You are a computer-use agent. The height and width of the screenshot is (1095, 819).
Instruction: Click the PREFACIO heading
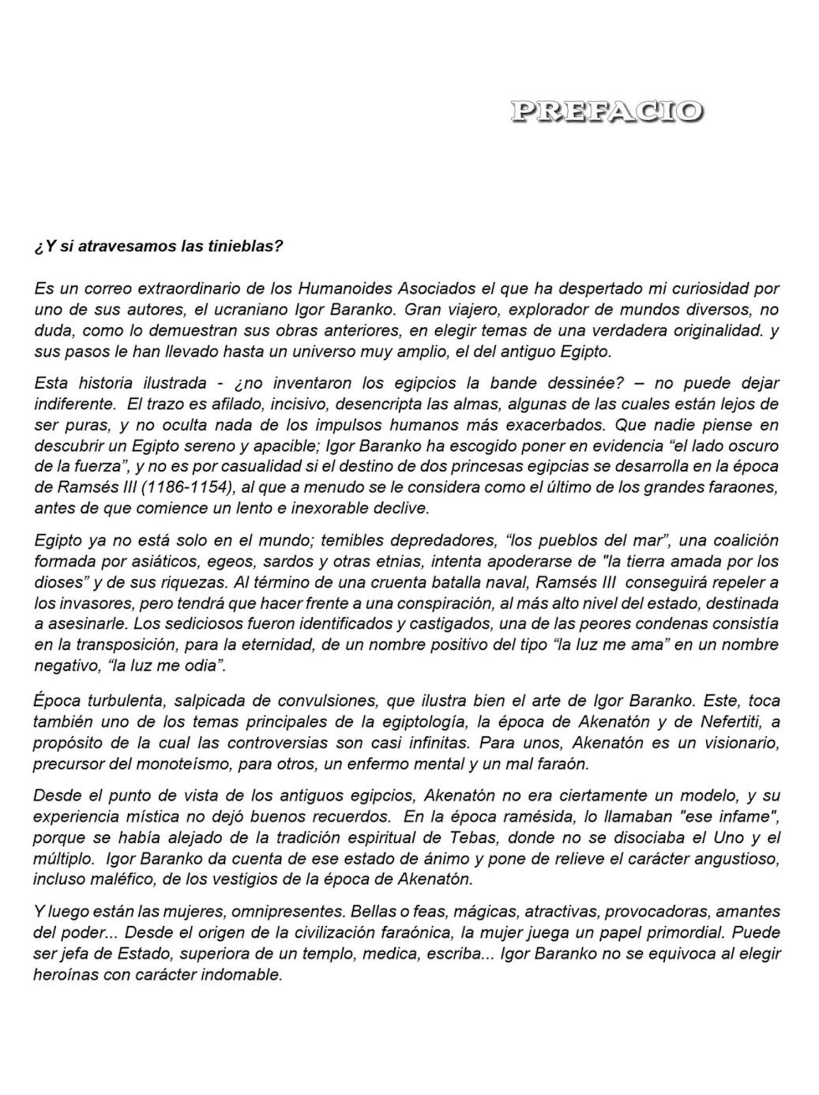(606, 111)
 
